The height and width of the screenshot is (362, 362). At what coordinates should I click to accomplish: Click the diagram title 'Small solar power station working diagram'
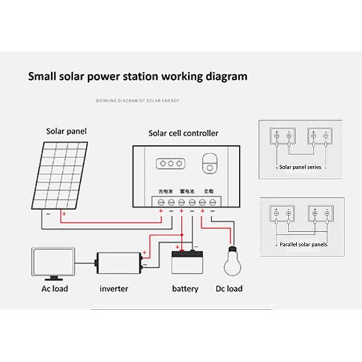138,77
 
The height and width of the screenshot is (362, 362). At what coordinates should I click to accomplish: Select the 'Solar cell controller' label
183,133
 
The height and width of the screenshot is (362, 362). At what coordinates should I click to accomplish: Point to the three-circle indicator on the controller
171,163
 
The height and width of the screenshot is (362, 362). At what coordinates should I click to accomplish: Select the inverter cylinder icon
119,263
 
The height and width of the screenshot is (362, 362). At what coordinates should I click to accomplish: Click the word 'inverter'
113,288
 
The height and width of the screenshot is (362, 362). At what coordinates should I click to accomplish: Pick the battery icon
185,262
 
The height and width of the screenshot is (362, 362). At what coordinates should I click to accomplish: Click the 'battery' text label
185,288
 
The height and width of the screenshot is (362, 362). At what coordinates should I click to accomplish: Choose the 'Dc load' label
229,288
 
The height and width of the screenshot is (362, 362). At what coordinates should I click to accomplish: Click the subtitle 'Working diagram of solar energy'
138,101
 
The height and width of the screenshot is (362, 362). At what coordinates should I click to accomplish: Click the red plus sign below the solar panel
63,214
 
